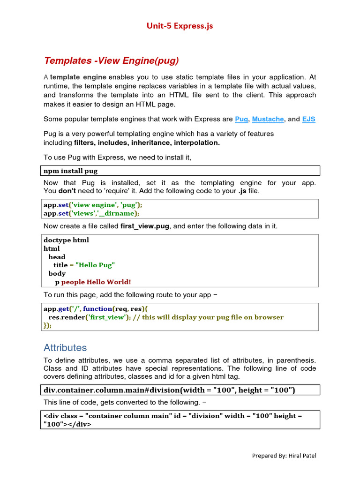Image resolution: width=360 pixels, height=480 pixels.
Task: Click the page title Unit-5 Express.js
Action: tap(180, 26)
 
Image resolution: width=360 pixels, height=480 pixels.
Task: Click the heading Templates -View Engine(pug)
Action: tap(111, 60)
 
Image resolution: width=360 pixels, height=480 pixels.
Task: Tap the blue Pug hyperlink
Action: tap(241, 119)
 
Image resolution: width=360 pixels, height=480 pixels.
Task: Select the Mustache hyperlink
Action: tap(268, 119)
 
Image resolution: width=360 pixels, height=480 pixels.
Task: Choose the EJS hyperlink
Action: tap(308, 119)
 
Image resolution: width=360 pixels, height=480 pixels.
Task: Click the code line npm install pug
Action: tap(71, 171)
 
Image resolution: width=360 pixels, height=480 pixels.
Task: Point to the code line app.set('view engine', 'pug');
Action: tap(92, 205)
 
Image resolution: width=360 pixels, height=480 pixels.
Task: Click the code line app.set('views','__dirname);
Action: tap(91, 213)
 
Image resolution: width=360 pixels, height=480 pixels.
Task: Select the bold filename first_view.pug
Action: tap(145, 226)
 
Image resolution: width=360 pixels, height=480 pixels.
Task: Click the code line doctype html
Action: tap(66, 240)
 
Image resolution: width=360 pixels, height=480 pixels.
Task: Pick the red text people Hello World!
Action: tap(96, 282)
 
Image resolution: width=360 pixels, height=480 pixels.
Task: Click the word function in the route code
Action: tap(97, 309)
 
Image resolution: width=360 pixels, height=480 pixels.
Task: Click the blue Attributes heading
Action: tap(65, 348)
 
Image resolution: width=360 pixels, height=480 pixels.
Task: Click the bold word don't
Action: tap(66, 191)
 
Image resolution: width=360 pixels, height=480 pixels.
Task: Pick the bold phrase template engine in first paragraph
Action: tap(78, 77)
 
